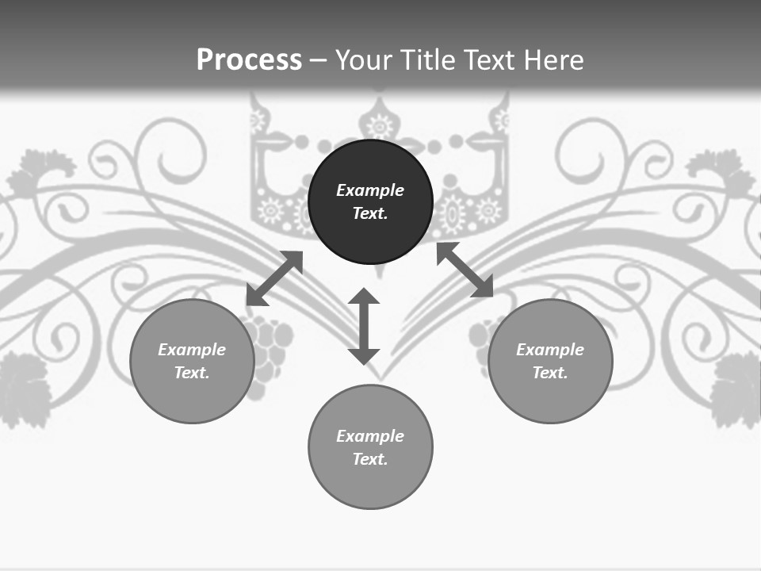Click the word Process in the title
click(249, 60)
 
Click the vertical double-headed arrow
click(364, 326)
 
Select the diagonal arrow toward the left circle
click(274, 278)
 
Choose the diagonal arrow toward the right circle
click(465, 270)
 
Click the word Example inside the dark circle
click(370, 190)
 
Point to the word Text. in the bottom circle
click(370, 459)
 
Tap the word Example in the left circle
click(192, 350)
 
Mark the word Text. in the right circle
click(550, 373)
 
